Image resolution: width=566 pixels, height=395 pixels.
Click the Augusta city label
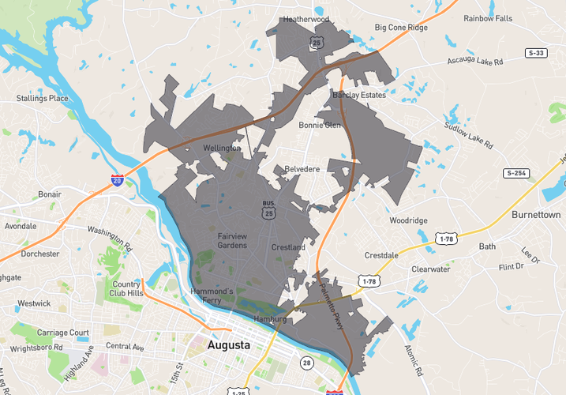228,345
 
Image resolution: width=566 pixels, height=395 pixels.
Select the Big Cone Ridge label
401,28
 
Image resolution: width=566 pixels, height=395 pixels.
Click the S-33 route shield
536,52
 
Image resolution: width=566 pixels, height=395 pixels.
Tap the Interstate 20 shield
117,182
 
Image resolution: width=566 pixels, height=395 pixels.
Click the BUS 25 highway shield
268,209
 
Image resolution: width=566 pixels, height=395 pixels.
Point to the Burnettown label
536,215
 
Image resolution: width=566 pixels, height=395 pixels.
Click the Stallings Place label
43,99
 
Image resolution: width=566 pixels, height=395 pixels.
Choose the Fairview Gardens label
232,240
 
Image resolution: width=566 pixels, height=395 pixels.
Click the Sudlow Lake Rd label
467,135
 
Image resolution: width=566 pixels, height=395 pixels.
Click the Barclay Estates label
359,95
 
